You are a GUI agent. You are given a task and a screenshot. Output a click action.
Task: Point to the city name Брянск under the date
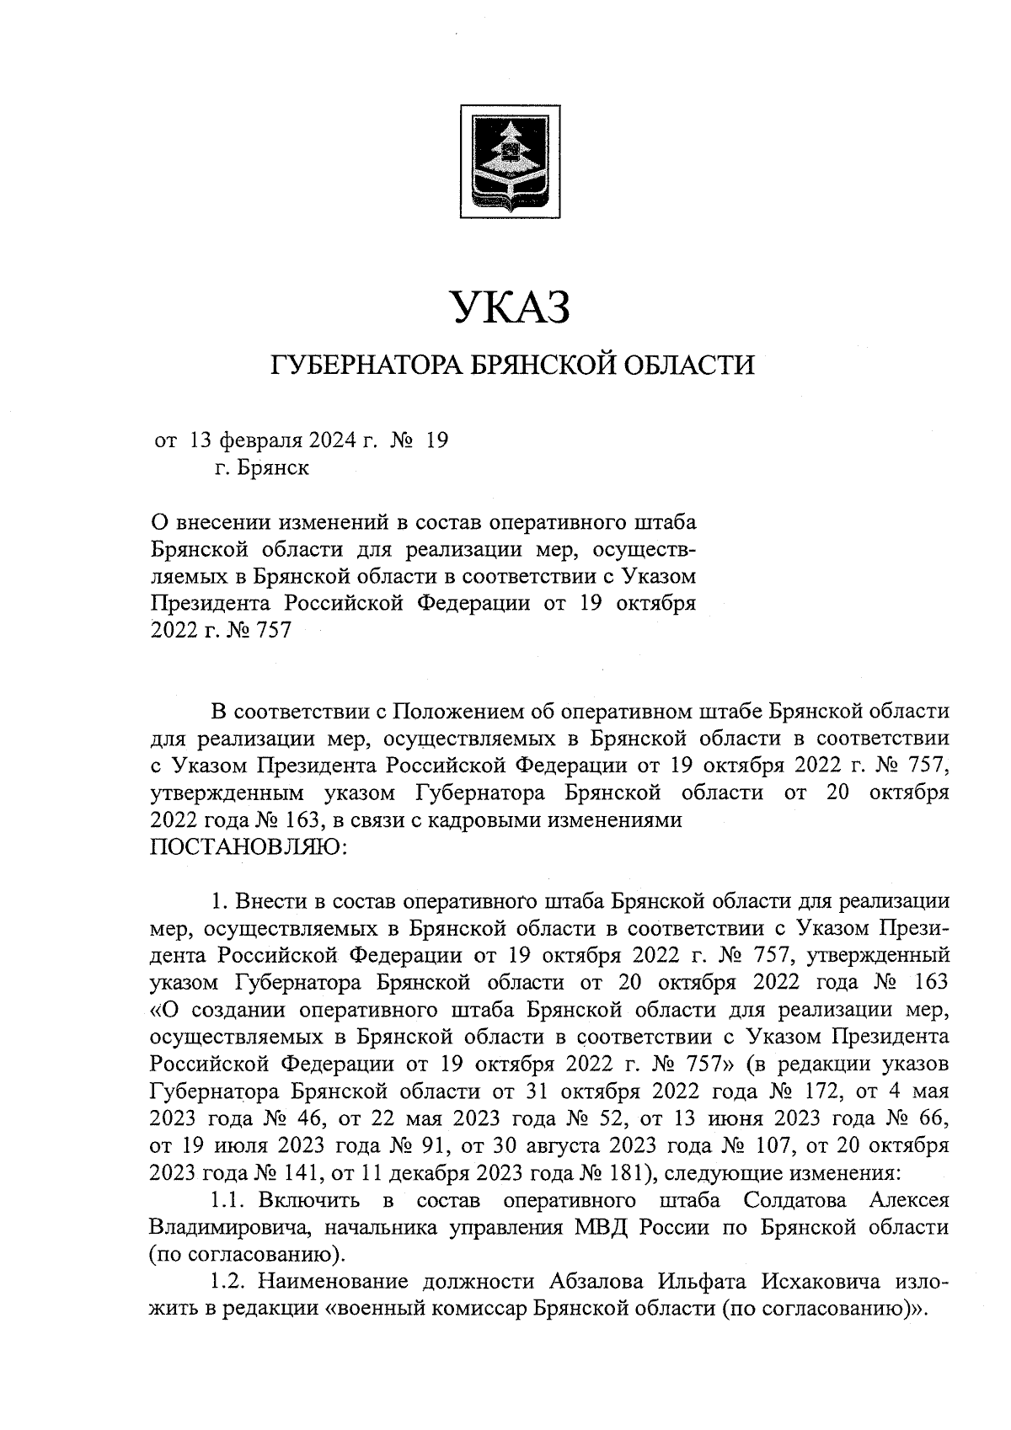click(x=273, y=467)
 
